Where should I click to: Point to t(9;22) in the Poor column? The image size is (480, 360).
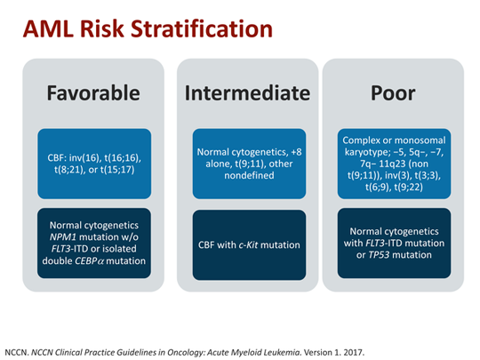tap(412, 188)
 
